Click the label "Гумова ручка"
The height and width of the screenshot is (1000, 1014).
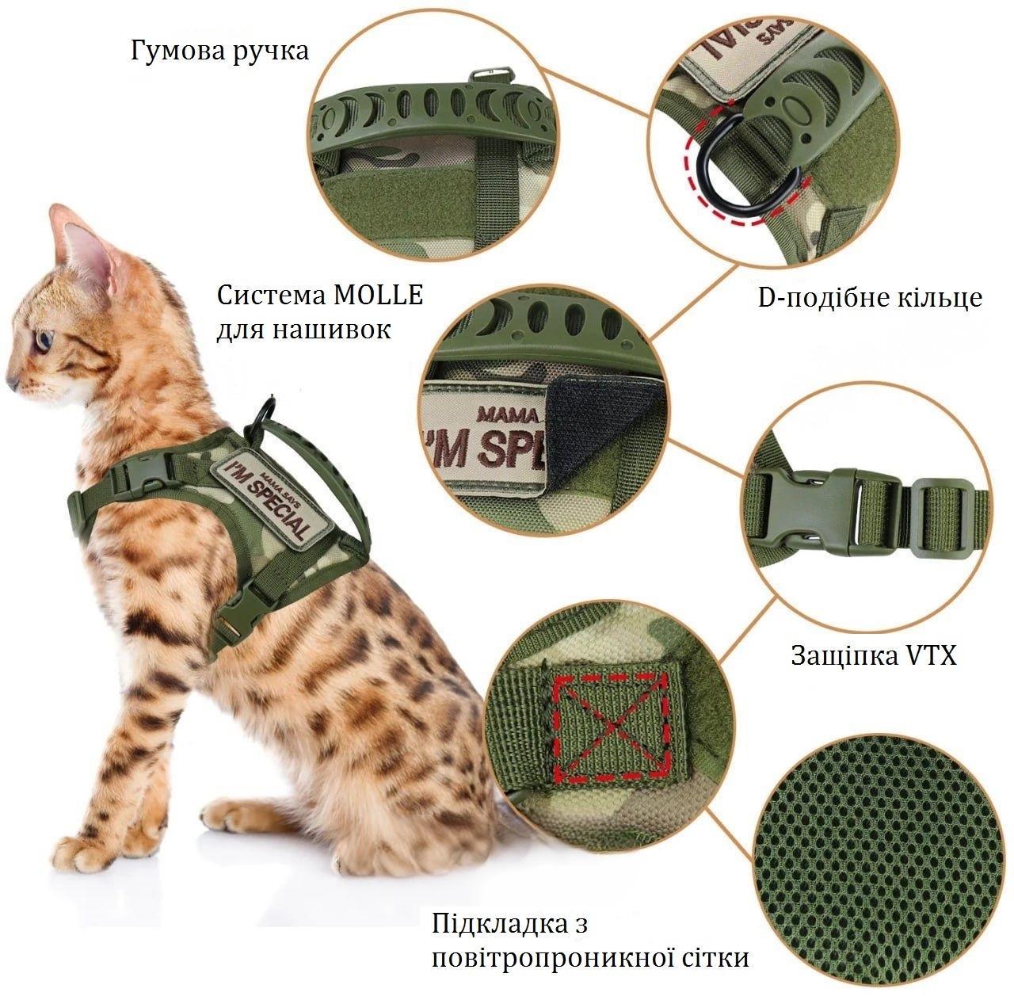219,52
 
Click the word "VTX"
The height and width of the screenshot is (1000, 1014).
932,656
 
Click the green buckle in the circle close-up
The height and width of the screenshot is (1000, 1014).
824,509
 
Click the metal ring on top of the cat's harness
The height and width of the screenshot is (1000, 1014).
263,414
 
